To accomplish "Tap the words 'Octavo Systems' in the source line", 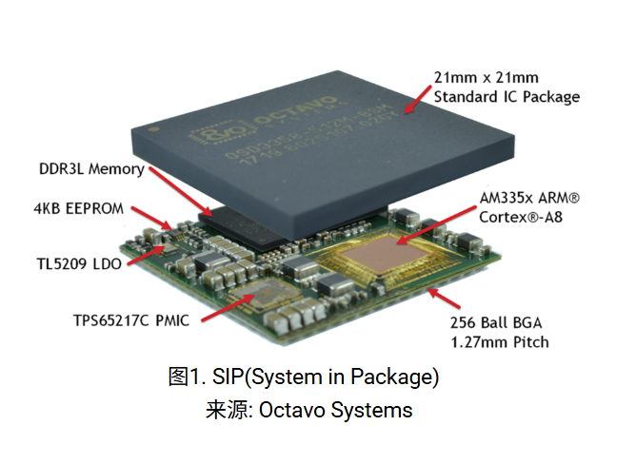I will [x=339, y=411].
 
